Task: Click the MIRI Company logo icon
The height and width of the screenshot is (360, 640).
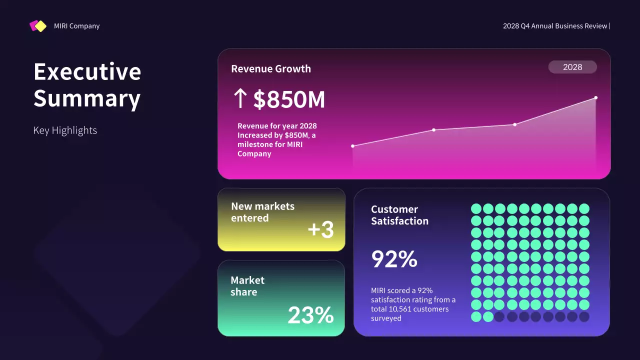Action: [x=38, y=26]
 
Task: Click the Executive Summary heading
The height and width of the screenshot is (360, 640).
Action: [x=87, y=85]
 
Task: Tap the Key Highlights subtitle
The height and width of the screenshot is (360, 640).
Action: [x=65, y=130]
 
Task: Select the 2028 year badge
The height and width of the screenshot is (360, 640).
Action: [x=572, y=67]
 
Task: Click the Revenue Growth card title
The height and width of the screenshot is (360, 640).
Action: [x=271, y=69]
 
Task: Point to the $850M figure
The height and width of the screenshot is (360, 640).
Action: [x=289, y=100]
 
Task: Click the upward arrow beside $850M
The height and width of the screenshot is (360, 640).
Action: [x=240, y=99]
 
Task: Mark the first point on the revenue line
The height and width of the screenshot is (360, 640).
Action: [x=353, y=146]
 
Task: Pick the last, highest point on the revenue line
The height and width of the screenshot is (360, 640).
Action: [x=596, y=97]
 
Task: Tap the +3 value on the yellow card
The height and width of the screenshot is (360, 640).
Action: [x=320, y=229]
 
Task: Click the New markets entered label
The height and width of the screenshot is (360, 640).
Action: [x=262, y=212]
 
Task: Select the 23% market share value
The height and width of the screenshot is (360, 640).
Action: [x=310, y=315]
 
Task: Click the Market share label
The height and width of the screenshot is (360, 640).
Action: [x=247, y=286]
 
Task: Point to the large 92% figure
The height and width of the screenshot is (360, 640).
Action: [x=394, y=259]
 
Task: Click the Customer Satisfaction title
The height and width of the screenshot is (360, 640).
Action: [x=399, y=215]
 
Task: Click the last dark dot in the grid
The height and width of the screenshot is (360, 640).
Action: [x=584, y=316]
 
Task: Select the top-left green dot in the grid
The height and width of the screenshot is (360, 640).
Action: [x=476, y=208]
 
